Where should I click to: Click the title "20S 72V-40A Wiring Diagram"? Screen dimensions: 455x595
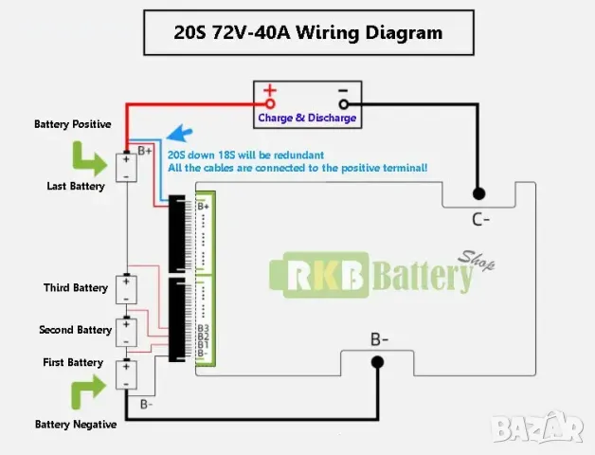(x=307, y=32)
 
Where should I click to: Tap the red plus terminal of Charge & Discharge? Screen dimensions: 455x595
(x=270, y=101)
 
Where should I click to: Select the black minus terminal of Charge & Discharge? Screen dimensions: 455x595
(x=343, y=101)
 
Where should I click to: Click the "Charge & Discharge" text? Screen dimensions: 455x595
(x=307, y=118)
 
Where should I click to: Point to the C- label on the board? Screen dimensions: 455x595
(x=480, y=220)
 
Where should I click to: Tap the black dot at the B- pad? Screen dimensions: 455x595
(x=377, y=361)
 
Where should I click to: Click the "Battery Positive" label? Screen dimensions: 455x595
(x=73, y=124)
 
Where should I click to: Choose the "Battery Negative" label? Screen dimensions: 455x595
(x=76, y=424)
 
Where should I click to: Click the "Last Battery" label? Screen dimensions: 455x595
(x=76, y=187)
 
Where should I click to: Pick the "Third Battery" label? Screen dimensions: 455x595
(x=76, y=287)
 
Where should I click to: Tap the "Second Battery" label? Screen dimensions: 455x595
(x=76, y=330)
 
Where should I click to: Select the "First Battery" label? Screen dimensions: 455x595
(x=74, y=362)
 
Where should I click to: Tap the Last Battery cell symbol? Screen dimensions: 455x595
(x=125, y=167)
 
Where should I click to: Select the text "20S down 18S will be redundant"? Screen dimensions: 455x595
(x=246, y=155)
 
